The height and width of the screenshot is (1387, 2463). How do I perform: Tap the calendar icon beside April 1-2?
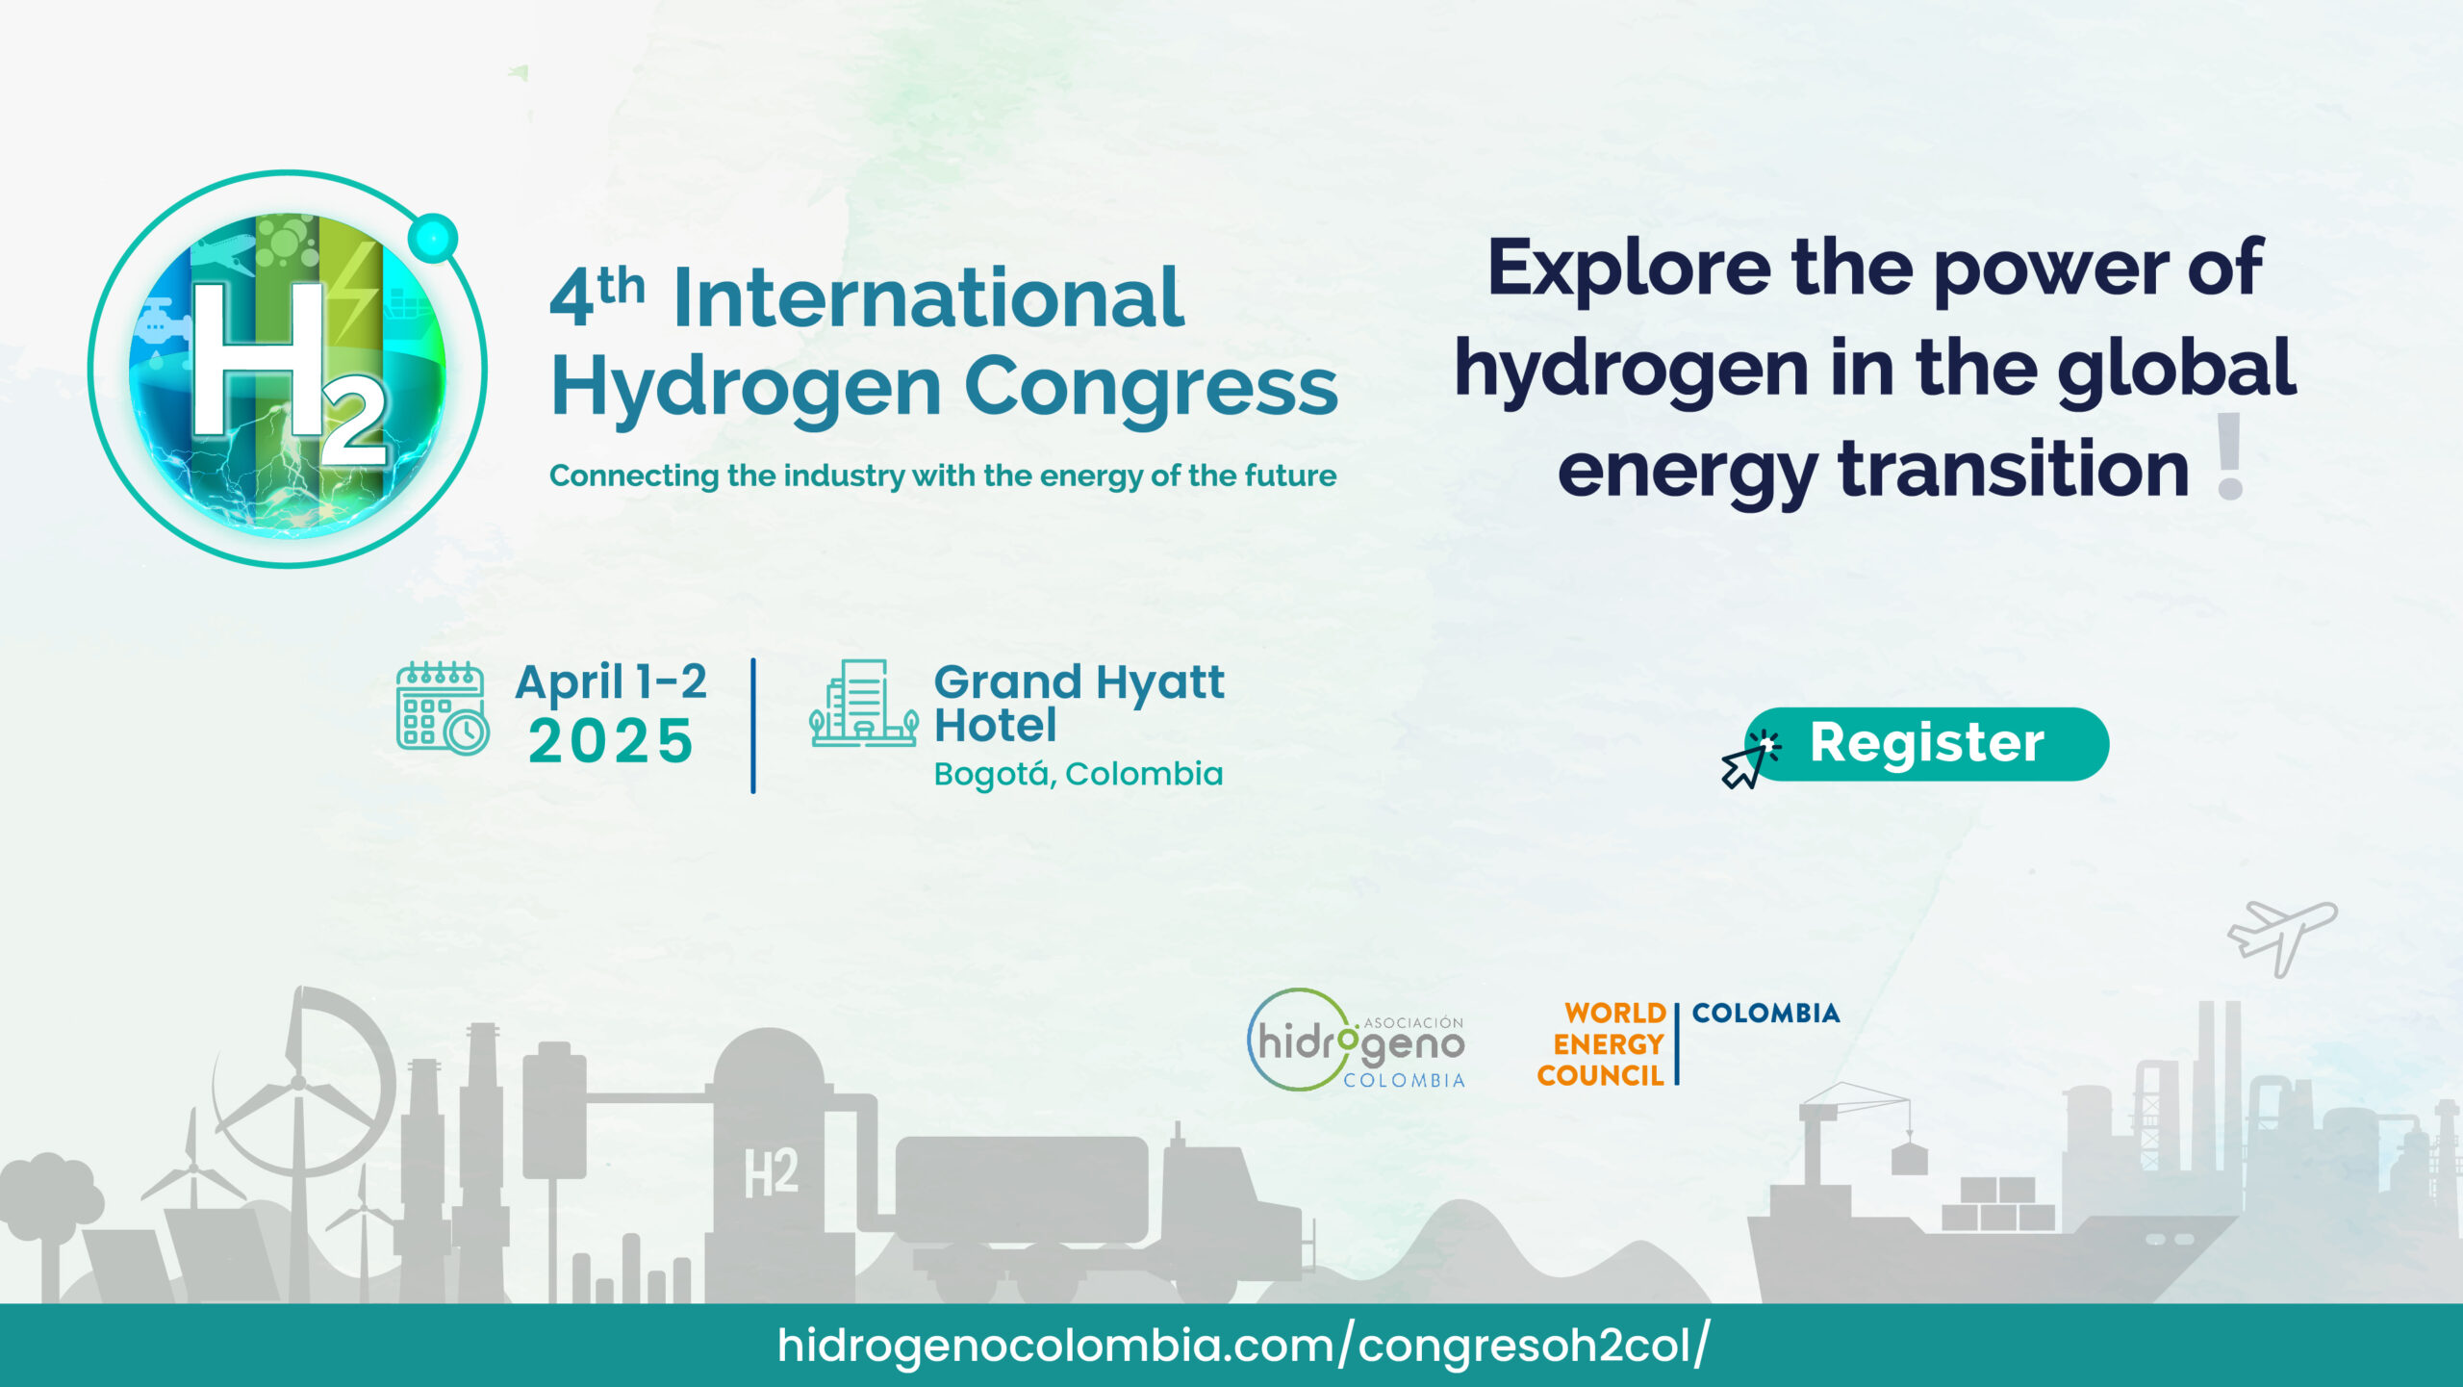[443, 708]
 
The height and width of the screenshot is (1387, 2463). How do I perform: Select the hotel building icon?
[863, 704]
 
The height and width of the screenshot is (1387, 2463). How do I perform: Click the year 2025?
[611, 741]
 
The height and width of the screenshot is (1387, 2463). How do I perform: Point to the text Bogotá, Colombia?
[1079, 774]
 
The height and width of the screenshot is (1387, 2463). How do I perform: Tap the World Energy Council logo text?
[1601, 1044]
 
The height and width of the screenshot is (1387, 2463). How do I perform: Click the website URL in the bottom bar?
[1243, 1346]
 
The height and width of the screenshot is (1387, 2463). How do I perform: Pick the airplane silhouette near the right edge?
[2281, 936]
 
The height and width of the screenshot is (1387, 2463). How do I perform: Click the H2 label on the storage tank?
[771, 1172]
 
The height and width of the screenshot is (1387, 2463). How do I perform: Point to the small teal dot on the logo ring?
[432, 238]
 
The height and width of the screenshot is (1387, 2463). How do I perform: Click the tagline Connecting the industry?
[943, 475]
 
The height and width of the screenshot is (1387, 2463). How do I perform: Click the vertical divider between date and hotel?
[753, 726]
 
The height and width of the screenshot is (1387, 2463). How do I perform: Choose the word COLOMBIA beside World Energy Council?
[1765, 1013]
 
